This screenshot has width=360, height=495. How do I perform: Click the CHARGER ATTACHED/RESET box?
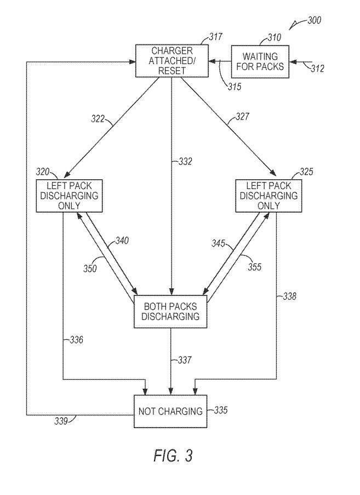tap(172, 61)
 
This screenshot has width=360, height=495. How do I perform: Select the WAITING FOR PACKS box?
tap(260, 61)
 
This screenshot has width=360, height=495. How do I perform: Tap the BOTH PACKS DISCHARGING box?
tap(171, 312)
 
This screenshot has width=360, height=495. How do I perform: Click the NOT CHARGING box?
tap(170, 411)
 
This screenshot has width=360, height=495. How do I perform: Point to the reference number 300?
tap(313, 20)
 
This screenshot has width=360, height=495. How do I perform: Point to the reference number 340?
tap(122, 241)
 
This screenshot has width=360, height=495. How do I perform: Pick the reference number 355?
tap(254, 267)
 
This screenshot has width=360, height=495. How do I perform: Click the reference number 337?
tap(185, 360)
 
